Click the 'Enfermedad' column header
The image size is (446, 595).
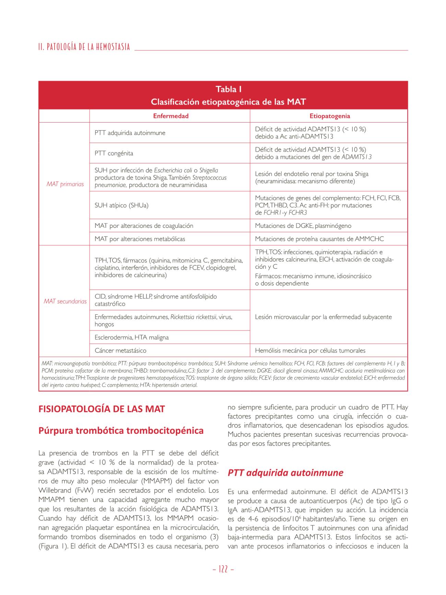tap(171, 116)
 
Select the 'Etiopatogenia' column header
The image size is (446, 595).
tap(329, 116)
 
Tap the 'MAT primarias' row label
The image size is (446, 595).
tap(65, 184)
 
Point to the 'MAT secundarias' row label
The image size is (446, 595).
tap(65, 301)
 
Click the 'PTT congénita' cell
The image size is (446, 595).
tap(114, 153)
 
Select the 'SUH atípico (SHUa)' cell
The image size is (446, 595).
tap(121, 205)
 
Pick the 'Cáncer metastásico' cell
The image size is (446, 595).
tap(120, 350)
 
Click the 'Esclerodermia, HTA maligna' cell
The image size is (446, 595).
tap(131, 337)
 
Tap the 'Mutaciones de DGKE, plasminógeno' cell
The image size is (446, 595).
tap(303, 226)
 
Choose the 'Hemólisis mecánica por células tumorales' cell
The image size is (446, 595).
tap(310, 350)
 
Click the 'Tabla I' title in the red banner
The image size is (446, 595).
tap(228, 90)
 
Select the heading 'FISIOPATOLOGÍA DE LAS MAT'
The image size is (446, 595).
tap(102, 409)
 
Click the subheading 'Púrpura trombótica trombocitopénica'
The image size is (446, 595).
tap(121, 431)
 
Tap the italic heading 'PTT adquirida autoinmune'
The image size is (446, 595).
tap(285, 473)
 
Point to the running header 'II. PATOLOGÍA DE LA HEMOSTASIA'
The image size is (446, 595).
tap(84, 47)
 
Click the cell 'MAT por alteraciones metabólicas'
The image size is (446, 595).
tap(140, 239)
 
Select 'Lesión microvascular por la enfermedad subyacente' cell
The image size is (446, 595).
tap(323, 317)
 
